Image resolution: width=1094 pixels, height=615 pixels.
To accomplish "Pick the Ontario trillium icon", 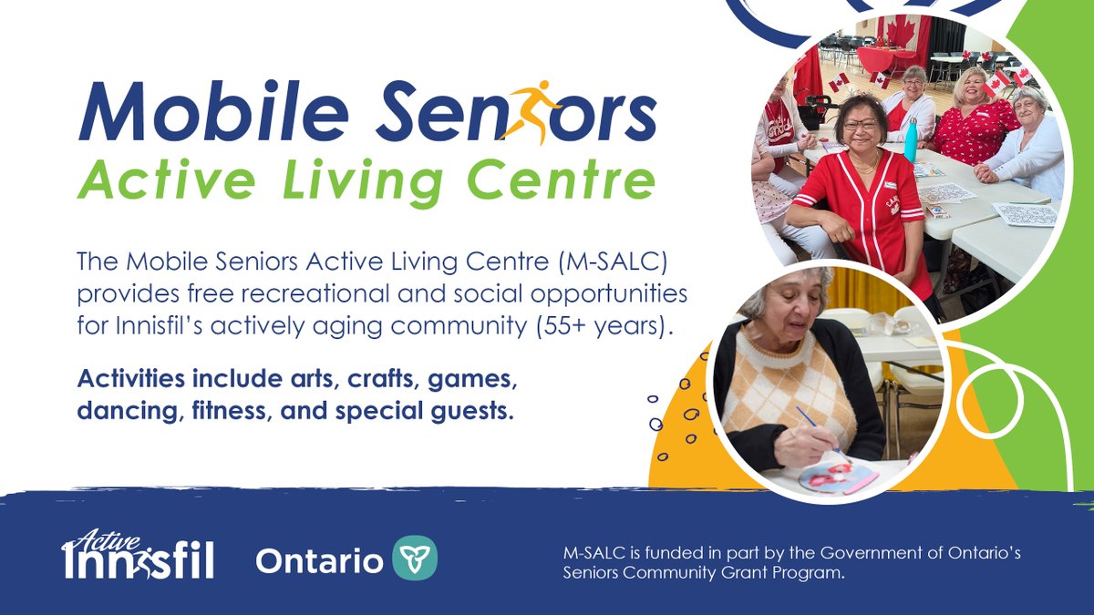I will (415, 558).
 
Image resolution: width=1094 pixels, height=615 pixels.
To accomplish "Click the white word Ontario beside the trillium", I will (319, 560).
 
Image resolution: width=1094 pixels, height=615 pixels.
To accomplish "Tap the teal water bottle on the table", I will (911, 140).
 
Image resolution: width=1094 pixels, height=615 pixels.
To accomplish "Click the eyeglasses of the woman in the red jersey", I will (860, 123).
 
